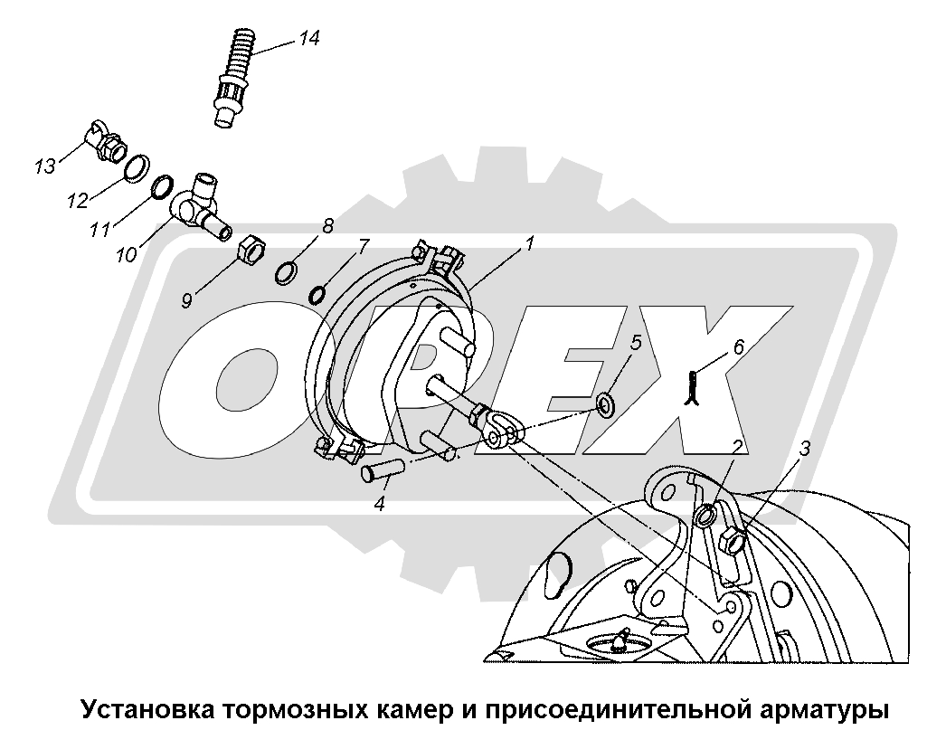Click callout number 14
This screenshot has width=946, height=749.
[x=309, y=39]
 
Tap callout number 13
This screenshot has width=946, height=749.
[x=44, y=166]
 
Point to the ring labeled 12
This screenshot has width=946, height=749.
[x=137, y=167]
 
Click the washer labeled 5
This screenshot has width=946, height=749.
[x=604, y=403]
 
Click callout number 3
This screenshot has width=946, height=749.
[x=805, y=449]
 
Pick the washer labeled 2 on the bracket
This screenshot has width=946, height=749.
[x=705, y=515]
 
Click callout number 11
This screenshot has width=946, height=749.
[x=100, y=229]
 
